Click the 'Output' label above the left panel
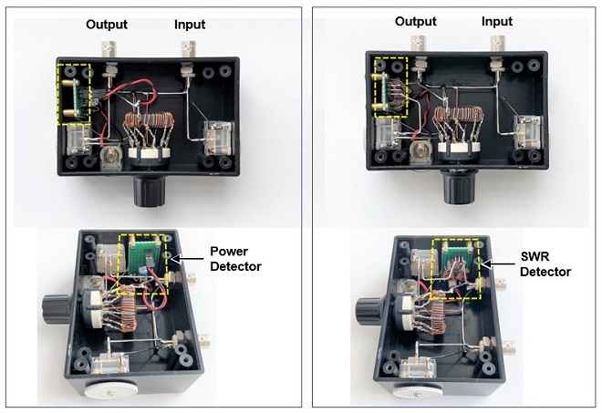(106, 25)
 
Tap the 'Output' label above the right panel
(416, 21)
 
